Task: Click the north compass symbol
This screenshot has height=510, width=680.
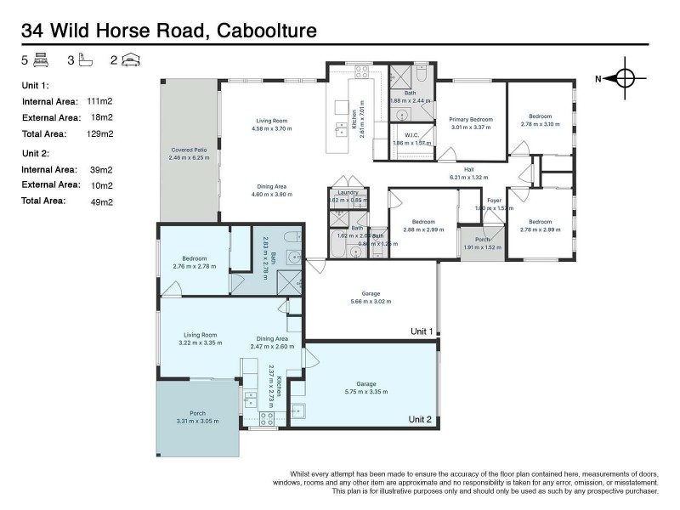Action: click(625, 78)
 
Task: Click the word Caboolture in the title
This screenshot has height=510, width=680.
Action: click(268, 31)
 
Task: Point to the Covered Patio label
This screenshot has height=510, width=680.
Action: click(189, 150)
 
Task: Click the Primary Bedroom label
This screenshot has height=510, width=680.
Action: click(471, 120)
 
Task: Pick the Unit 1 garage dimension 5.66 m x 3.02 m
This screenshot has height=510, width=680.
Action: click(370, 301)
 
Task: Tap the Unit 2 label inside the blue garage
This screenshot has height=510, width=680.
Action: click(421, 419)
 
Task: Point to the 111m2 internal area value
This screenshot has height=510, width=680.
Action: click(100, 100)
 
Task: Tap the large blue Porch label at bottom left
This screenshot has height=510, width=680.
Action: click(197, 414)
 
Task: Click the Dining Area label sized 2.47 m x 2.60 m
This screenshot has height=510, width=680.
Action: click(272, 338)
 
